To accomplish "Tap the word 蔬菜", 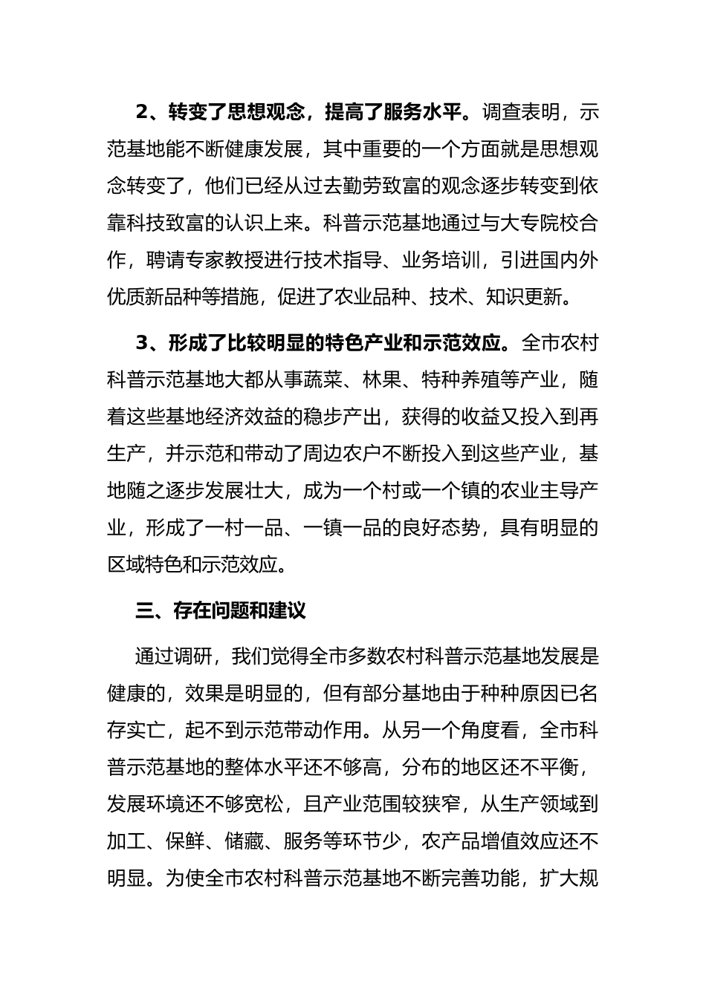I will tap(323, 380).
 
